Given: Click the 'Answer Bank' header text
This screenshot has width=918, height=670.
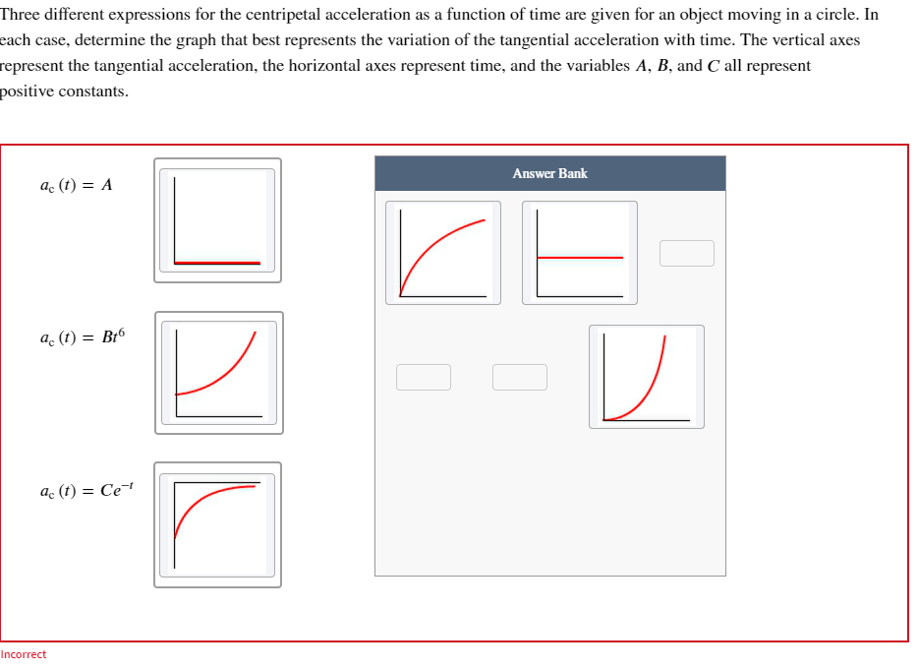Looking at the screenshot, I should [549, 173].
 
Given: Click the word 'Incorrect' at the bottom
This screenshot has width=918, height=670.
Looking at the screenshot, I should [24, 654].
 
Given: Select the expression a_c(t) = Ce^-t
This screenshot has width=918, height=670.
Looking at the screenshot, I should [86, 489].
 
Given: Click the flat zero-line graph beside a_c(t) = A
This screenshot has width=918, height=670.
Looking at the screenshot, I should [218, 220].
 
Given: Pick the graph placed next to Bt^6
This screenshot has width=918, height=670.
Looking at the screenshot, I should [218, 373].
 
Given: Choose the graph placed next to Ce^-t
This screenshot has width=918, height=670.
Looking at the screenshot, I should [217, 524].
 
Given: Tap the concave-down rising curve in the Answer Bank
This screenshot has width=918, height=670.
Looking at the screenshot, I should [442, 253].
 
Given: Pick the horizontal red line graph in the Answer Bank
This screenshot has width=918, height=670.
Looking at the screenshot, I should [579, 253].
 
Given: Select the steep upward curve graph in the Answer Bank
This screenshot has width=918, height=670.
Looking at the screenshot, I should [646, 377].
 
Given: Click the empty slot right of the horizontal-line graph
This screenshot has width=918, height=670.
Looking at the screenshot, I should [686, 253].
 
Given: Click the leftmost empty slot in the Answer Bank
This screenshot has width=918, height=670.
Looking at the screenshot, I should [424, 377].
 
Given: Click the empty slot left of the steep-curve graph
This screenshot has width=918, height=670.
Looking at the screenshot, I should [520, 377].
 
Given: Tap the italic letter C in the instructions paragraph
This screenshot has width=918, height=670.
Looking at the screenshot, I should [713, 66].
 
